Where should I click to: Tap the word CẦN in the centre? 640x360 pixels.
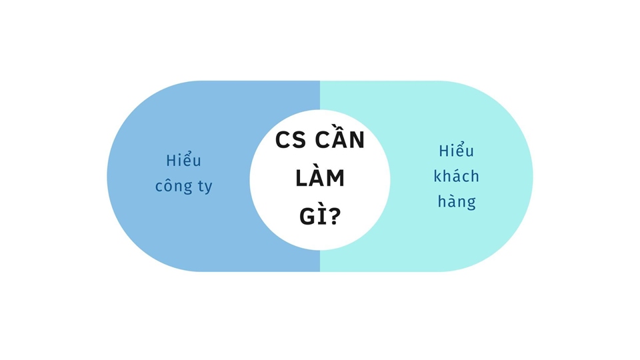(339, 141)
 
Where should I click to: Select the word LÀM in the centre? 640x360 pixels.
(320, 179)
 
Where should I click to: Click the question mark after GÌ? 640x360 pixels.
(334, 216)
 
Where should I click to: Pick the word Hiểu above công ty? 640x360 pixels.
(183, 161)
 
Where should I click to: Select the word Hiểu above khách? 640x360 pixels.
(457, 151)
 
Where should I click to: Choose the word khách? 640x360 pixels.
(457, 176)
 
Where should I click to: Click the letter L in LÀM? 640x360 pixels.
(302, 179)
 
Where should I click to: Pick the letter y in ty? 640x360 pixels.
(207, 188)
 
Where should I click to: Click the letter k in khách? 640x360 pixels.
(437, 176)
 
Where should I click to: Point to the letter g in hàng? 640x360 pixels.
(471, 203)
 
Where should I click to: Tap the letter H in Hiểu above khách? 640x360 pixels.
(443, 151)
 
